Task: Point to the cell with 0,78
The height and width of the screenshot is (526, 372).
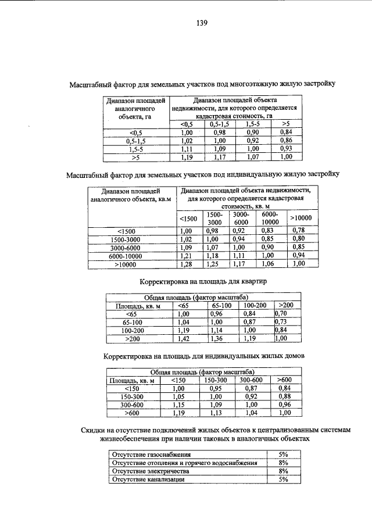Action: (298, 230)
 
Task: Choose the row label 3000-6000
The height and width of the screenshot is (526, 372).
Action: (131, 247)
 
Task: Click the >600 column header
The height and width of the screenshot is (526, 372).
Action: (285, 380)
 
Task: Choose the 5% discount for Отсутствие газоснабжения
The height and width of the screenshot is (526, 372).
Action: (284, 454)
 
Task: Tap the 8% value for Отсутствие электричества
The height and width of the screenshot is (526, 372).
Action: (284, 471)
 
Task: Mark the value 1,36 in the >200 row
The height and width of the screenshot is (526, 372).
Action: (217, 338)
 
